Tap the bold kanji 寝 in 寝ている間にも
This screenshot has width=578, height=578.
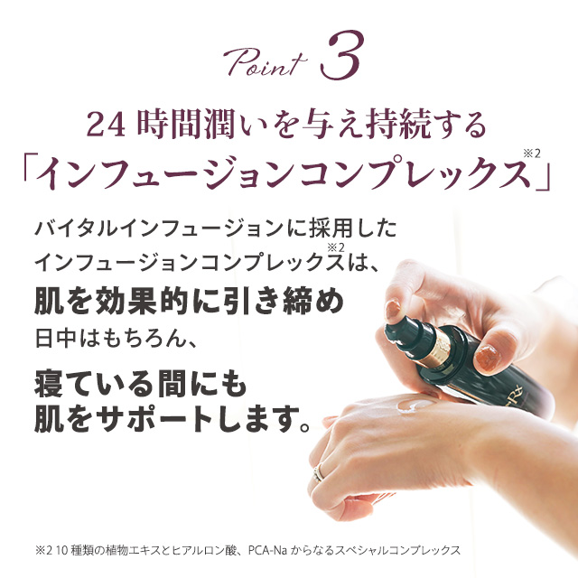51,385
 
